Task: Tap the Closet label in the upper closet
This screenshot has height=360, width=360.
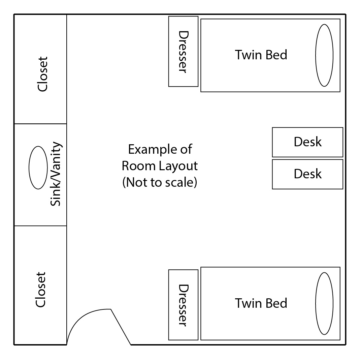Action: pyautogui.click(x=42, y=74)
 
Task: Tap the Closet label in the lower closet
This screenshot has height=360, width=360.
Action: pyautogui.click(x=41, y=290)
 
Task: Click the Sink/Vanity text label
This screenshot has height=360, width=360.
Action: pyautogui.click(x=56, y=174)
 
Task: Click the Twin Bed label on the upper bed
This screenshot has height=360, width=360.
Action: pyautogui.click(x=261, y=55)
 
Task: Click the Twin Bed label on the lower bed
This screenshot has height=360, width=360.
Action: pyautogui.click(x=261, y=303)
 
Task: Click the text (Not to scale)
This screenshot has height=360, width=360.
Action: pyautogui.click(x=160, y=182)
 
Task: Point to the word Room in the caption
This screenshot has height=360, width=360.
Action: pyautogui.click(x=139, y=166)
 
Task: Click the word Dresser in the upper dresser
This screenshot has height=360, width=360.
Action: pyautogui.click(x=184, y=52)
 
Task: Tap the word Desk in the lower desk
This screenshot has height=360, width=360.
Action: pyautogui.click(x=308, y=174)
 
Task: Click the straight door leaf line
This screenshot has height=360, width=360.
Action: pyautogui.click(x=121, y=327)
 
